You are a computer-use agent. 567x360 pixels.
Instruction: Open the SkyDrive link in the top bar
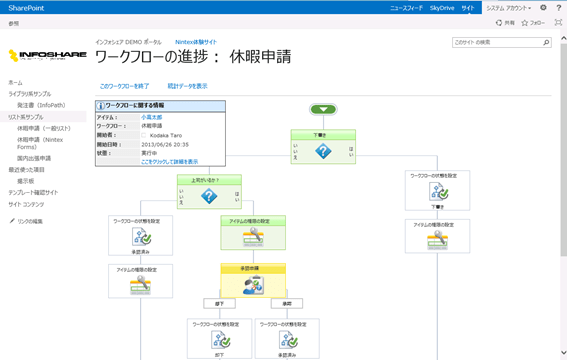tap(442, 7)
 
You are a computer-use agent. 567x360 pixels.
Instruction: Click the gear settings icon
tap(544, 7)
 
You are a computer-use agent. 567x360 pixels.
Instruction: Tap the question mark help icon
tap(558, 7)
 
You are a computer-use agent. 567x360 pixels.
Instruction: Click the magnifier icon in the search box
tap(546, 43)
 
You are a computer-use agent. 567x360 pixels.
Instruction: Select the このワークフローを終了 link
tap(124, 86)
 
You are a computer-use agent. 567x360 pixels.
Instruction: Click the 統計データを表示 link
tap(187, 86)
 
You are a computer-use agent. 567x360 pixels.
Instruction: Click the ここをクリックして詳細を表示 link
tap(169, 161)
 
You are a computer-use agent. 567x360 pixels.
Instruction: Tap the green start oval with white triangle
tap(323, 110)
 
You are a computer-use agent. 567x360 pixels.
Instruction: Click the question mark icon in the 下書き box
tap(323, 151)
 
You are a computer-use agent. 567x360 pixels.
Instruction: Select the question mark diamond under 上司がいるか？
tap(209, 197)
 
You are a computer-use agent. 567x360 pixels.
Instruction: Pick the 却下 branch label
tap(219, 304)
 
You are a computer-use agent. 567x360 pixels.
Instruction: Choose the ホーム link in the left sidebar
tap(15, 82)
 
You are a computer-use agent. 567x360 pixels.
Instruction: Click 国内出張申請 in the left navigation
tap(35, 158)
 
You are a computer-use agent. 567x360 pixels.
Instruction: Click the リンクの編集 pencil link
tap(30, 221)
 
